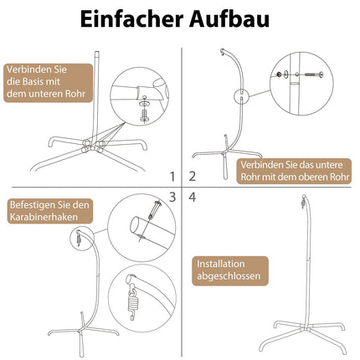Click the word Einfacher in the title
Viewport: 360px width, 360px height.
[131, 19]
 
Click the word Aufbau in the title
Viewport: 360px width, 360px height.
[229, 19]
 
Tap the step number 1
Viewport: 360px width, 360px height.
[172, 177]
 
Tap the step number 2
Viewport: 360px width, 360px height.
[193, 177]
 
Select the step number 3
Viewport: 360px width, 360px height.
[172, 197]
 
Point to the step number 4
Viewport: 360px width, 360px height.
[193, 197]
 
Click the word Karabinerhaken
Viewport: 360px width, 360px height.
[44, 217]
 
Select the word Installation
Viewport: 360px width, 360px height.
[221, 264]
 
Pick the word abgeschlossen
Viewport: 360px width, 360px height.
[229, 276]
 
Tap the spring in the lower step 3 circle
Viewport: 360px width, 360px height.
[132, 304]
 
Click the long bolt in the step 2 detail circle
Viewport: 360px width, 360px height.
[314, 75]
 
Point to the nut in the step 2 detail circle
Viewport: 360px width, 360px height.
[278, 75]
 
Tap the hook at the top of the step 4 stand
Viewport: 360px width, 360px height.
[303, 202]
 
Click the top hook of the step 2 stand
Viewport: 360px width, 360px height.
[223, 52]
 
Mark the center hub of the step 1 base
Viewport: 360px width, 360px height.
[92, 146]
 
